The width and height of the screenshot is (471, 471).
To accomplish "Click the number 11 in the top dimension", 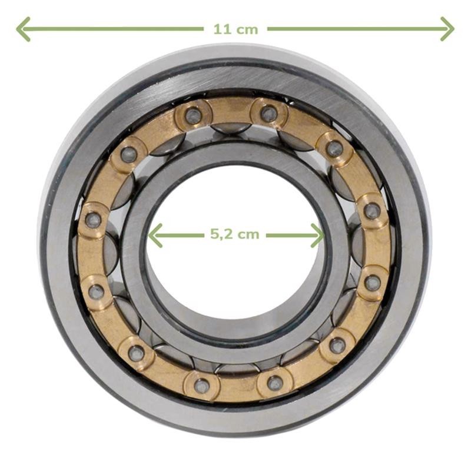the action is (x=223, y=29).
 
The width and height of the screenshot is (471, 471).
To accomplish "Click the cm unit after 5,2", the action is (x=248, y=235).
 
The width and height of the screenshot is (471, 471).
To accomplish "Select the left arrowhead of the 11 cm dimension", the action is (x=23, y=29).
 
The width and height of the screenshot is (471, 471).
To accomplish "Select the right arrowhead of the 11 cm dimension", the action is (x=447, y=29).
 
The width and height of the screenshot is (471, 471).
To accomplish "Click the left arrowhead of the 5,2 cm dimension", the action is (x=155, y=235).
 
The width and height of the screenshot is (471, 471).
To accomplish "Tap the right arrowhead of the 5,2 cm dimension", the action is (x=317, y=235).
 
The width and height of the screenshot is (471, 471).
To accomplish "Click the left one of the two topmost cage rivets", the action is (x=193, y=115).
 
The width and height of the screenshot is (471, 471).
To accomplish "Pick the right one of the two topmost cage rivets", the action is (x=268, y=113).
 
